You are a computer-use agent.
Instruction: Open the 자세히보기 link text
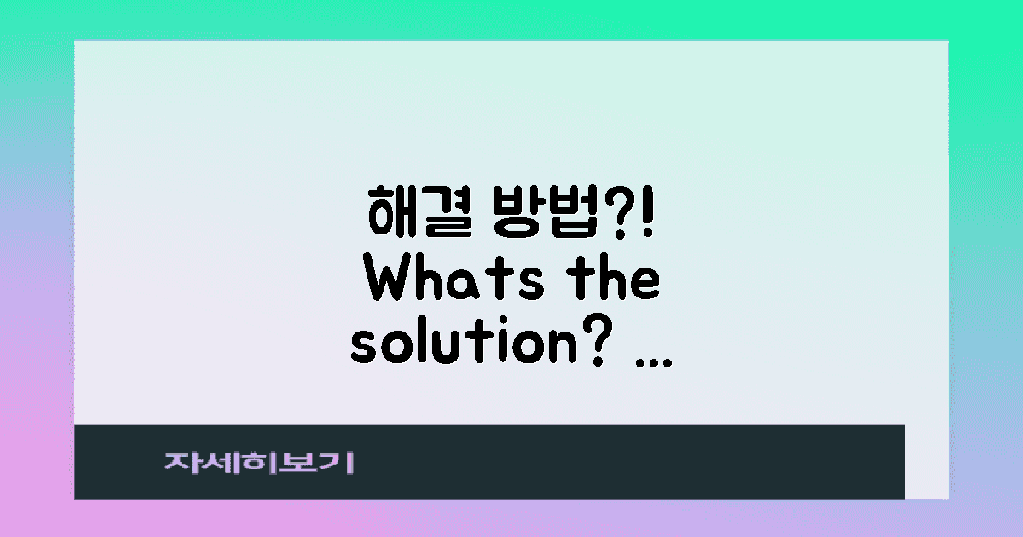(259, 464)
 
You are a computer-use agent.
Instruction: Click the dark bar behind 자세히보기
(597, 462)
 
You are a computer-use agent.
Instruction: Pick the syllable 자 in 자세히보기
(180, 464)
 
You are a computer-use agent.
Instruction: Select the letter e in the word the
(644, 285)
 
